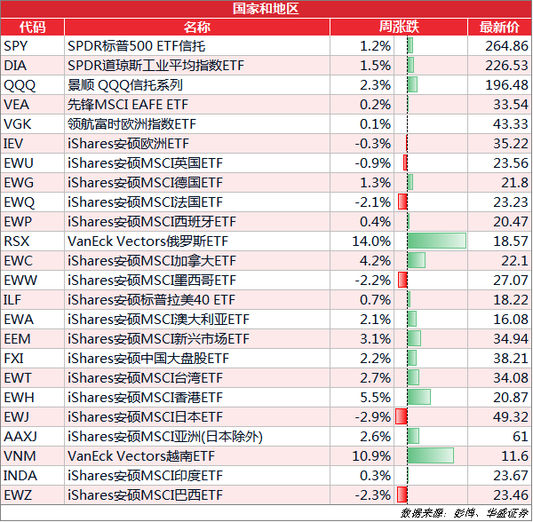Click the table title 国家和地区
click(x=266, y=9)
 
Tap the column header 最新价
click(x=499, y=27)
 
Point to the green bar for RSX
click(x=436, y=241)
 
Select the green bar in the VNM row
click(x=430, y=455)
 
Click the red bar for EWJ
click(x=402, y=416)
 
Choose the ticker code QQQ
click(x=20, y=84)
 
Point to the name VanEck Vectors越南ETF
click(x=141, y=455)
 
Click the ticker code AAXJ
click(x=20, y=436)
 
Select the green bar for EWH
click(x=418, y=397)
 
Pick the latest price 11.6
click(x=514, y=455)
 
